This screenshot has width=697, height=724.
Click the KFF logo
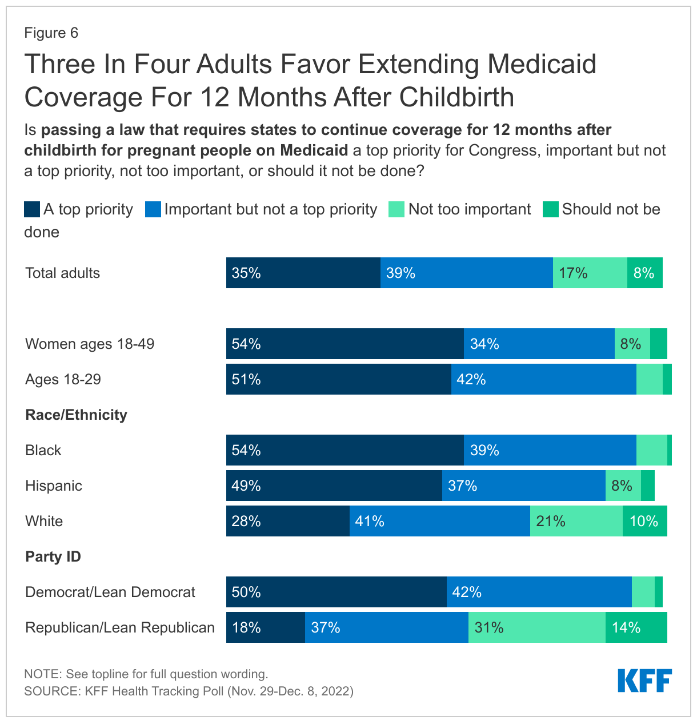tap(644, 681)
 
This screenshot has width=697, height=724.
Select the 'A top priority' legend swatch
tap(32, 209)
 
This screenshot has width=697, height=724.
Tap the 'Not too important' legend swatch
tap(396, 209)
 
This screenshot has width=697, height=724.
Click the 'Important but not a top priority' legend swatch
tap(153, 209)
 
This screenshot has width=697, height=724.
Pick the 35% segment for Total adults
tap(303, 273)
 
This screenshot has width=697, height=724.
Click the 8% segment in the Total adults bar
tap(645, 273)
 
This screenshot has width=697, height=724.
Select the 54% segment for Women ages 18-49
tap(345, 344)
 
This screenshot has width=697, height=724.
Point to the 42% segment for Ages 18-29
tap(544, 379)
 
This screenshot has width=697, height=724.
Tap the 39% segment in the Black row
tap(550, 450)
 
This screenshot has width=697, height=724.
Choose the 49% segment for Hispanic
tap(334, 486)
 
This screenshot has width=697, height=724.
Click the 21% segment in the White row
tap(576, 521)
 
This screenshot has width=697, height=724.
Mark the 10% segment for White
tap(645, 521)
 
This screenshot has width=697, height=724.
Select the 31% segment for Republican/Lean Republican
tap(537, 627)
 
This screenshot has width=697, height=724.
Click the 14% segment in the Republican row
tap(636, 627)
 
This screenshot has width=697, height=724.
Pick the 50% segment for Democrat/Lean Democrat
tap(337, 592)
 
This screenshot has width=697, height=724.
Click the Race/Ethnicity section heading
tap(76, 415)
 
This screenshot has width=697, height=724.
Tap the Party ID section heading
tap(53, 556)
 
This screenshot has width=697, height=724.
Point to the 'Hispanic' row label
tap(54, 486)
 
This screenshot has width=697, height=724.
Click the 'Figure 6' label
tap(51, 33)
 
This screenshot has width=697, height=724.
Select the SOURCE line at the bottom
tap(189, 691)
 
